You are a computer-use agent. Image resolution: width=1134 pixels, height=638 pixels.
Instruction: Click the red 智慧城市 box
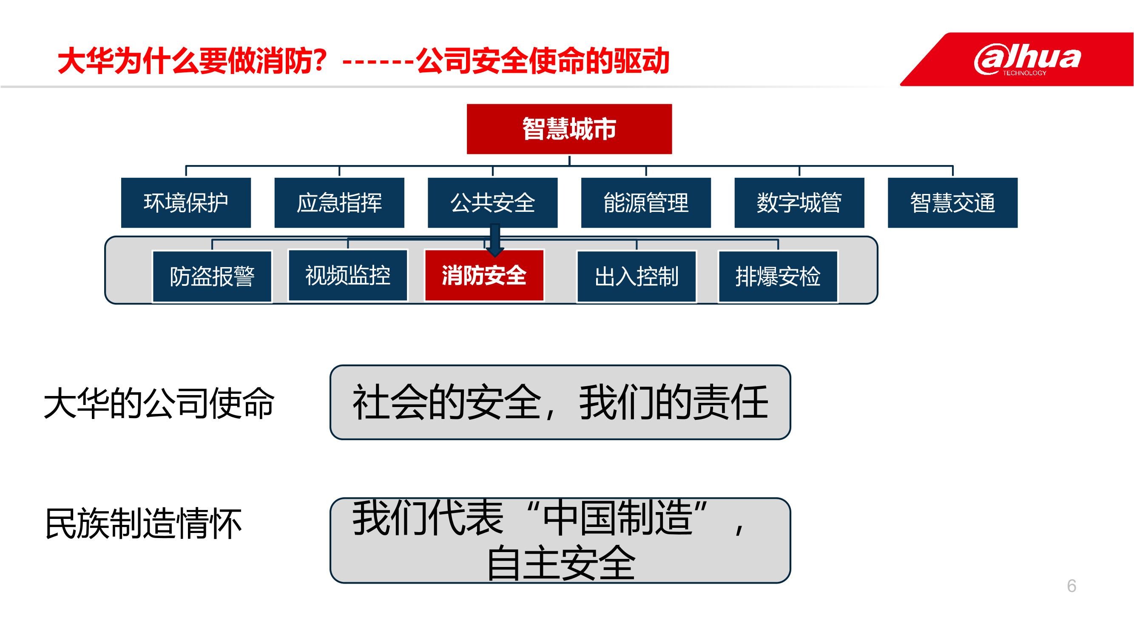tap(569, 129)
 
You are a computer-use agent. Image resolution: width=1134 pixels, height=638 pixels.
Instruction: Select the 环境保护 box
tap(186, 202)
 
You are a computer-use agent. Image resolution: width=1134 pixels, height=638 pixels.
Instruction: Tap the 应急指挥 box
tap(339, 202)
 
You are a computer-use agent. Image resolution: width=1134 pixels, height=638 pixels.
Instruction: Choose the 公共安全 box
tap(493, 202)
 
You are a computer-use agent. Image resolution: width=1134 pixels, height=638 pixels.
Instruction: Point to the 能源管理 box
tap(646, 202)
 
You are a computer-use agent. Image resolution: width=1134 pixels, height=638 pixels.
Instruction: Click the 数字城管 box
tap(799, 202)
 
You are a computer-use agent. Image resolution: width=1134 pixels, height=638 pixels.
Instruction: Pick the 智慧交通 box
tap(952, 202)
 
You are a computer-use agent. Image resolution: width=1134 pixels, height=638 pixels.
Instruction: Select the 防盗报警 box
tap(212, 276)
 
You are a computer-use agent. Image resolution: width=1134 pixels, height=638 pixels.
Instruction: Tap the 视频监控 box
tap(348, 276)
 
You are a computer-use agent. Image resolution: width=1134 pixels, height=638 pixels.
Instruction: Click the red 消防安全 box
tap(484, 276)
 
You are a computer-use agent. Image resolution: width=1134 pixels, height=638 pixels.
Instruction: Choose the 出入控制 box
tap(637, 276)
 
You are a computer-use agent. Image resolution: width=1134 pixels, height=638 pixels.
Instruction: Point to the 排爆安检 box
tap(778, 276)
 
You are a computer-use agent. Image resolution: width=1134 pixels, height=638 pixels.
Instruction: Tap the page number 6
tap(1071, 586)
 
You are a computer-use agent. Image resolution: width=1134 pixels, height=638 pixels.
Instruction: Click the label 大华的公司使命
tap(159, 403)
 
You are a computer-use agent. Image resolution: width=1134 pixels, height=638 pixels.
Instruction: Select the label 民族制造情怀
tap(144, 524)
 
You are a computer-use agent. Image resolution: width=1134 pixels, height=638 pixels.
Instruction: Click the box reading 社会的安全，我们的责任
tap(560, 402)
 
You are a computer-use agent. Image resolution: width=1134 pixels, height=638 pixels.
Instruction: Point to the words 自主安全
tap(561, 562)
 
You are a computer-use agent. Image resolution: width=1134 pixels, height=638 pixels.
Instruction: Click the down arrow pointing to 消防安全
tap(495, 240)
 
